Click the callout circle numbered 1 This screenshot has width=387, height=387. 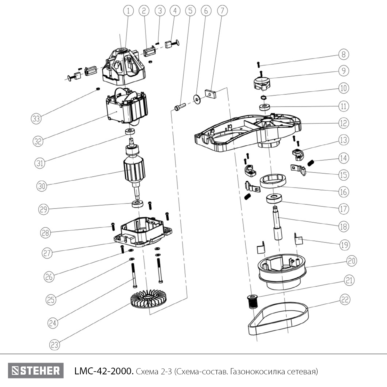pyautogui.click(x=128, y=11)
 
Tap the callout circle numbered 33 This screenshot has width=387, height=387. pyautogui.click(x=36, y=119)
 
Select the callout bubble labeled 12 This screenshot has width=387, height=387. pyautogui.click(x=343, y=123)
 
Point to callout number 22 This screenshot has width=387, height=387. pyautogui.click(x=345, y=300)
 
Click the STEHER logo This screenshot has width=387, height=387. pyautogui.click(x=36, y=371)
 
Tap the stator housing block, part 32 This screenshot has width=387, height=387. pyautogui.click(x=126, y=108)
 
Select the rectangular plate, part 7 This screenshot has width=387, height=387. pyautogui.click(x=210, y=94)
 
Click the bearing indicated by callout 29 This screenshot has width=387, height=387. pyautogui.click(x=137, y=204)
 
